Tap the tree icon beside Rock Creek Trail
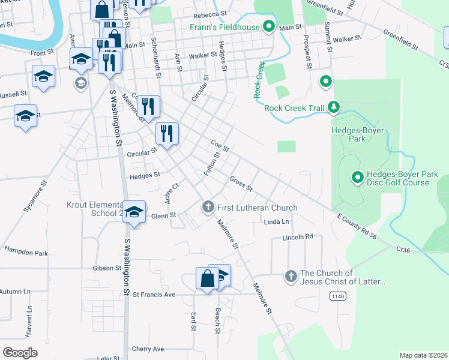(334, 108)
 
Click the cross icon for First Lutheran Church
(208, 208)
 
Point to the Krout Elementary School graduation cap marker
(134, 212)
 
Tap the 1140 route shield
(337, 296)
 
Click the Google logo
(20, 353)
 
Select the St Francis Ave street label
(154, 295)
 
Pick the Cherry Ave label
(148, 349)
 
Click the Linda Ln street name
(276, 221)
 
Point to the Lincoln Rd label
(298, 237)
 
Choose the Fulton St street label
(212, 164)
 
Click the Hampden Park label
(26, 253)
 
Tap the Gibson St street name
(107, 268)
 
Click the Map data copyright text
(423, 355)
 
